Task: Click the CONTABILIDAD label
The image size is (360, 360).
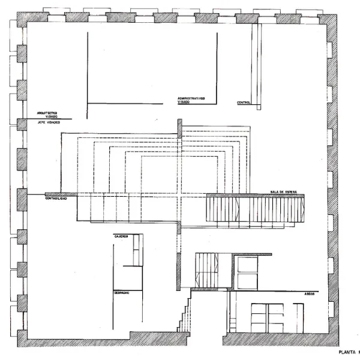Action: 60,198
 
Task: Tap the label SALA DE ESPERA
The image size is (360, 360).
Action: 283,191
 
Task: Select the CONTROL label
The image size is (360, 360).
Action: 244,103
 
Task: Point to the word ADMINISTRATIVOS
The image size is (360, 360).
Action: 191,98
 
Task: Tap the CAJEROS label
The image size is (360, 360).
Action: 121,236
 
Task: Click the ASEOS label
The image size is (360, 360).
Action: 302,294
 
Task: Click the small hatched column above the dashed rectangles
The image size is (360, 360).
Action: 179,128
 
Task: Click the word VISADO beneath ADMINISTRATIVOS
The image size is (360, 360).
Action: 184,103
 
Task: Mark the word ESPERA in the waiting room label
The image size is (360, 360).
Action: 292,191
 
